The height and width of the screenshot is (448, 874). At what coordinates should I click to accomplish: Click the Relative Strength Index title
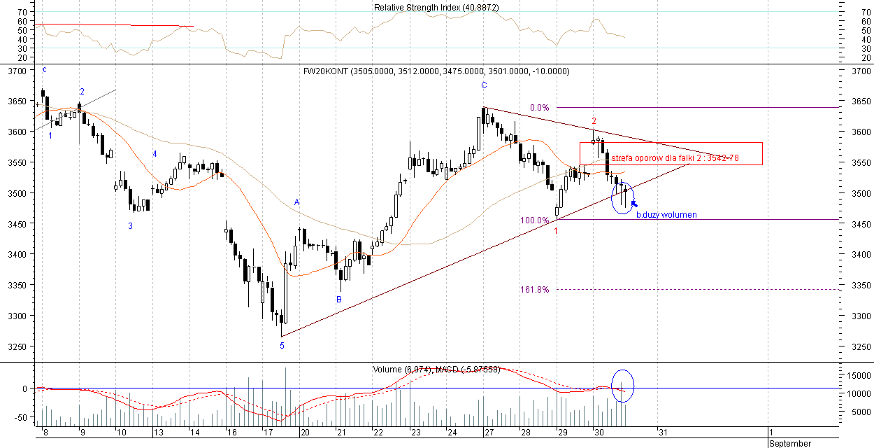click(436, 8)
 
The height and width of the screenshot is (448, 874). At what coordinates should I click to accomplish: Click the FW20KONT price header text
click(436, 71)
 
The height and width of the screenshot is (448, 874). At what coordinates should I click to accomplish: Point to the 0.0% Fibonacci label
click(539, 108)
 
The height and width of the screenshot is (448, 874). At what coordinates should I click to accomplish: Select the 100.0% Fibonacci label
click(534, 220)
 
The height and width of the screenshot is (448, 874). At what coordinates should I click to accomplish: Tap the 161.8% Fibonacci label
click(534, 290)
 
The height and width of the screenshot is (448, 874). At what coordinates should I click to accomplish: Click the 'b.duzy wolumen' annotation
click(666, 215)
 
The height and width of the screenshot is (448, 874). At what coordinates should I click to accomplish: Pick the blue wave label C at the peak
click(483, 85)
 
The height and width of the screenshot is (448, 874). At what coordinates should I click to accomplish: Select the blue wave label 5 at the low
click(282, 346)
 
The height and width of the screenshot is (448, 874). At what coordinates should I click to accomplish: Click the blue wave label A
click(296, 202)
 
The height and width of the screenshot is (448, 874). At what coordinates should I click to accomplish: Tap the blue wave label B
click(339, 300)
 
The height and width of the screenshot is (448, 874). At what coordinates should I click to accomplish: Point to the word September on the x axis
click(790, 444)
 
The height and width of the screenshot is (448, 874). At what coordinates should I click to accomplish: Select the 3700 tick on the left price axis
click(17, 71)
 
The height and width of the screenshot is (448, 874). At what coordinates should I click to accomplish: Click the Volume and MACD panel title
click(436, 369)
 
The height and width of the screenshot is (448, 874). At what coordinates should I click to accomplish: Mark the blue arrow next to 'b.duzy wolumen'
click(633, 204)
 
